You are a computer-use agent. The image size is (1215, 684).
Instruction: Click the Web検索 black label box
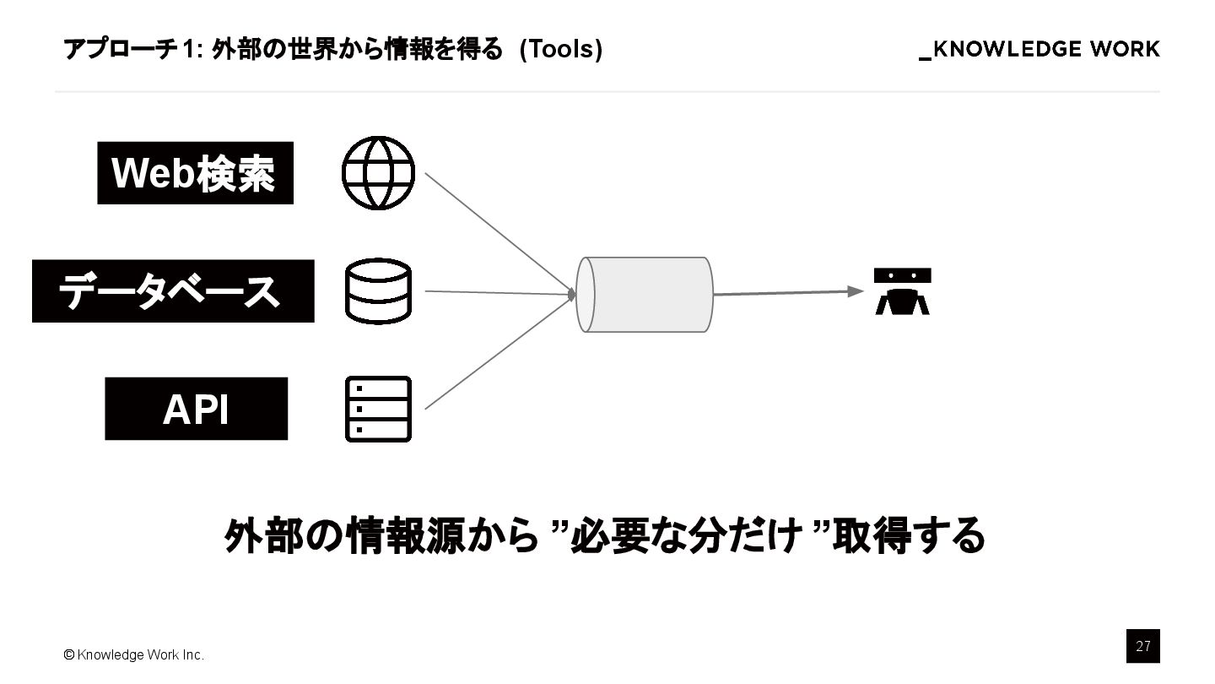click(195, 173)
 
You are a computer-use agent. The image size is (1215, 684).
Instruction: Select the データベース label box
click(173, 291)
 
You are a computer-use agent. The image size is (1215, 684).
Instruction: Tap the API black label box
click(196, 409)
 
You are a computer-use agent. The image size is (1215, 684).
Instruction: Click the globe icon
click(378, 173)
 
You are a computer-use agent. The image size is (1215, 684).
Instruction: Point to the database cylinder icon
click(378, 291)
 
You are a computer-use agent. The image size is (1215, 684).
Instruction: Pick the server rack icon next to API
click(378, 409)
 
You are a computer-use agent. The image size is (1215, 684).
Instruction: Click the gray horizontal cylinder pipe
click(645, 294)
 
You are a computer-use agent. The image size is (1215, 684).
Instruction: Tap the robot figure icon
click(902, 291)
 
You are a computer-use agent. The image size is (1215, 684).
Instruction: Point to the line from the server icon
click(498, 354)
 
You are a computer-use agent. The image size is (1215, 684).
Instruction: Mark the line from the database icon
click(498, 292)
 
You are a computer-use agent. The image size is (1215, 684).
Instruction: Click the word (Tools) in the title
click(560, 49)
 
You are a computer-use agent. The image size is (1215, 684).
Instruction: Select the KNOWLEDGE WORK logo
click(1039, 49)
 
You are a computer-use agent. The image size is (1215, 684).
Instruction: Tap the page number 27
click(1142, 646)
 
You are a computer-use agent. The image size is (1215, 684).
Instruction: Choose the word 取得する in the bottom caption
click(908, 535)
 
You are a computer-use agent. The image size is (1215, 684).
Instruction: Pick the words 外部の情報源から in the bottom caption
click(381, 535)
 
